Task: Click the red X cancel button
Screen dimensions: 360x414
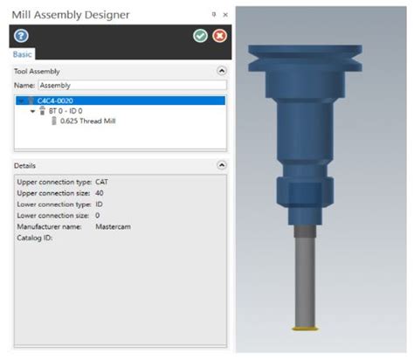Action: [x=219, y=36]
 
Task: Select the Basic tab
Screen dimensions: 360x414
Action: [x=23, y=54]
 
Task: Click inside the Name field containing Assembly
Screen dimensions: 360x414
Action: [x=131, y=86]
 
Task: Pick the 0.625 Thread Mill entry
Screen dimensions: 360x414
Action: [x=87, y=121]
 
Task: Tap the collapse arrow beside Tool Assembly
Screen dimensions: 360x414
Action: [x=221, y=70]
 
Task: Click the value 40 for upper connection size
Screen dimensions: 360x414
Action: [x=99, y=191]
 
